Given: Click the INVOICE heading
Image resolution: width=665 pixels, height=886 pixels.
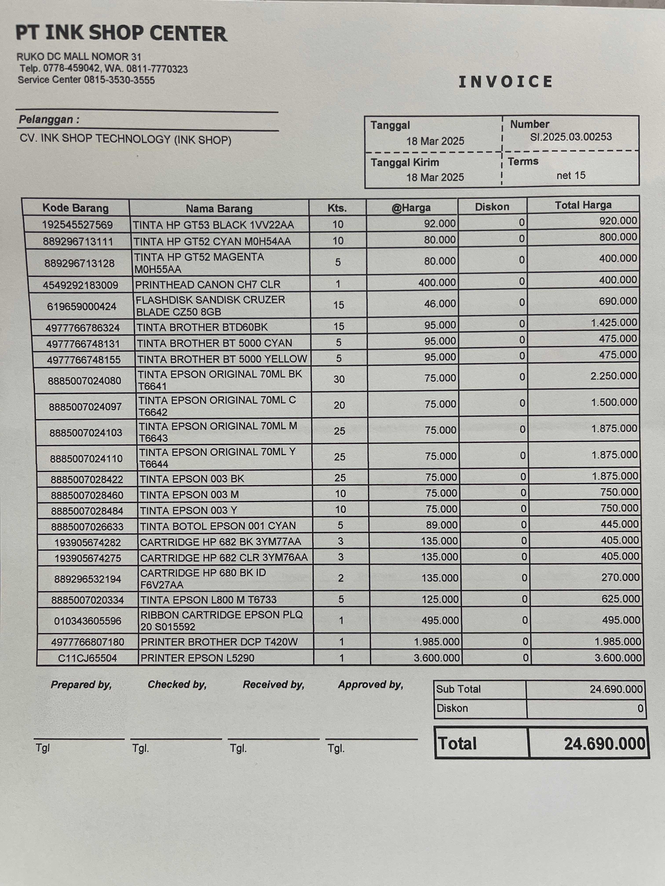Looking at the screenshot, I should pos(506,82).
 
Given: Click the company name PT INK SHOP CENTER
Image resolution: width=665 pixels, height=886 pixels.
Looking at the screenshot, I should pos(121,33).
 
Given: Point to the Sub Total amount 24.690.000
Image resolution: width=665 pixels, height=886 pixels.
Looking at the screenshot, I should pos(616,689).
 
